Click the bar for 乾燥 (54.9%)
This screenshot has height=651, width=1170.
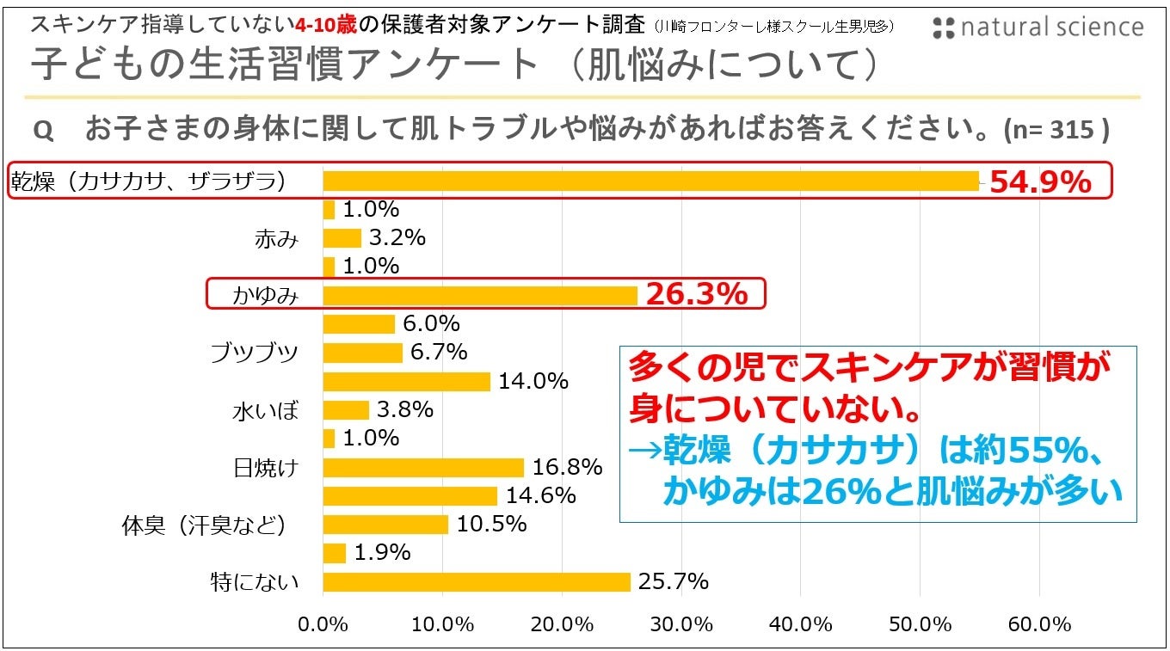650,181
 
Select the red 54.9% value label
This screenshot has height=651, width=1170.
1039,181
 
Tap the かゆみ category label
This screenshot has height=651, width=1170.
265,296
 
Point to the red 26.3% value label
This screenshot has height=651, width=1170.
696,295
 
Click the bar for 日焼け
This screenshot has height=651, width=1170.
423,467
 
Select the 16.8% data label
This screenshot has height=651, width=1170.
566,467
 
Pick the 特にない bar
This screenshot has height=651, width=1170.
477,582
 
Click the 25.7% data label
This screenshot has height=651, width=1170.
673,582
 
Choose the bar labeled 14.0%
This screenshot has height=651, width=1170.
406,381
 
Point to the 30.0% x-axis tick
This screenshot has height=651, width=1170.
681,624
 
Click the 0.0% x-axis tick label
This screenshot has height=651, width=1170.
323,624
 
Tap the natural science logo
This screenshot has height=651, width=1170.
1038,28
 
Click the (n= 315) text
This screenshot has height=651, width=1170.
1056,131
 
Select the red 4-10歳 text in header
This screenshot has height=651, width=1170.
326,23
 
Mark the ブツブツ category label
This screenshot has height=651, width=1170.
255,353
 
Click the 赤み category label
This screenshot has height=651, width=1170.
276,238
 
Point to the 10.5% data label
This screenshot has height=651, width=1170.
491,525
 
